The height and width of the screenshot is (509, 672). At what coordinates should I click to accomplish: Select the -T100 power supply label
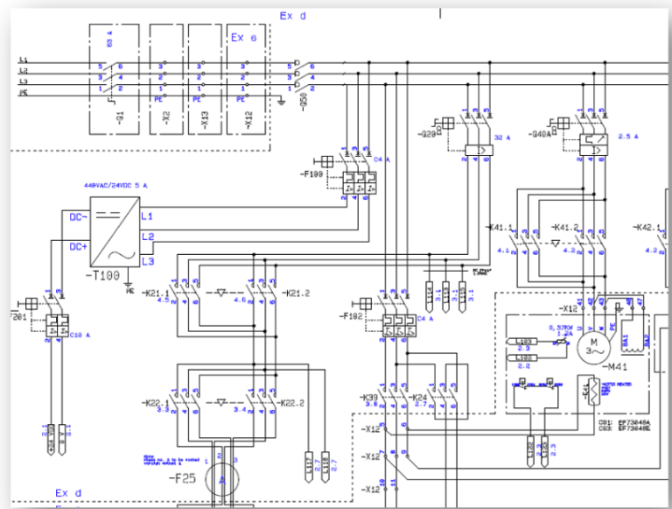(103, 275)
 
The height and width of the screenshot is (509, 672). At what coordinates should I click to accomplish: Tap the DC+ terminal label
(78, 247)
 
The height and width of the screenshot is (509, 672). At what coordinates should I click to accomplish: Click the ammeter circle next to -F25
(222, 479)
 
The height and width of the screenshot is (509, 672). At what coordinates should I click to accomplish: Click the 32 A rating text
(501, 137)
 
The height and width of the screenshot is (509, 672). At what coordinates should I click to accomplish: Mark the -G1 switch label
(119, 114)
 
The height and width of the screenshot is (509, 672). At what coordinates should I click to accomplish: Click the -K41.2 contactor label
(565, 227)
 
